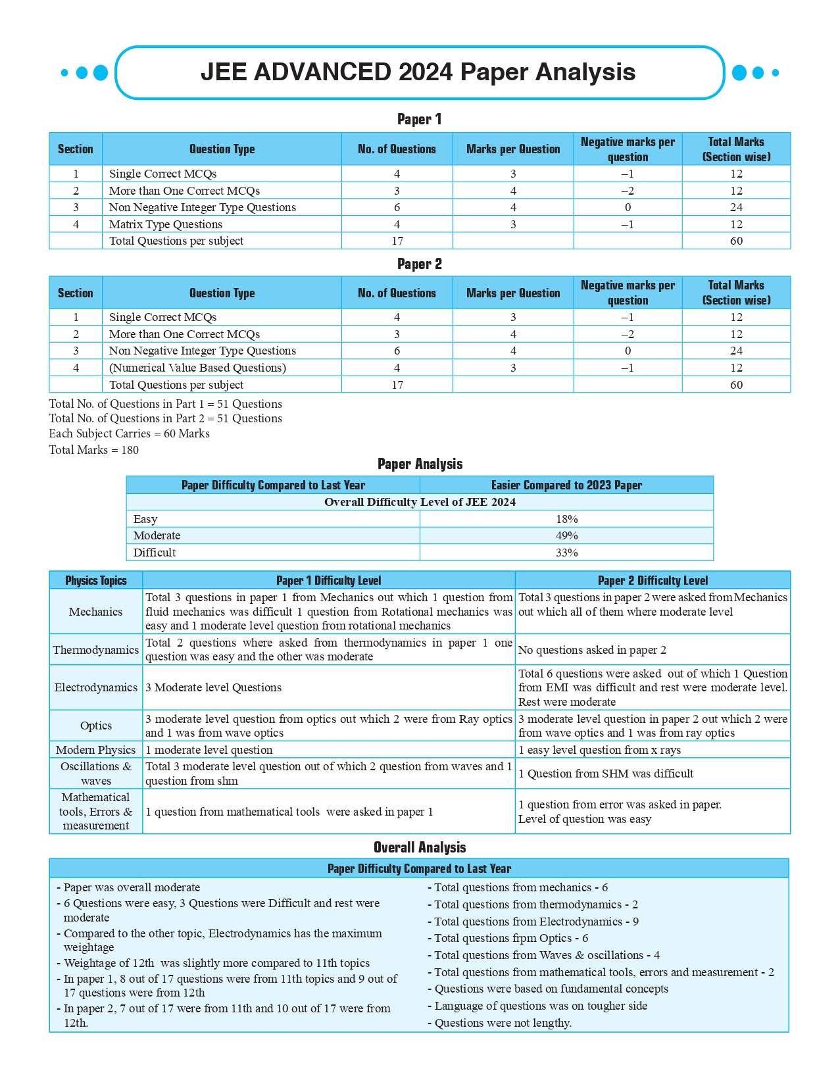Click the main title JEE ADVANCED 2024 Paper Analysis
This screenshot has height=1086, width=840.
418,72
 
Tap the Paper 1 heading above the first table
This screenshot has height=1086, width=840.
419,119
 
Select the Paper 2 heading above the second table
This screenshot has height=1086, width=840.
419,264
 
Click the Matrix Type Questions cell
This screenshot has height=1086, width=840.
166,224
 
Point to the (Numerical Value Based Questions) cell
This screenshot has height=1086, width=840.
197,368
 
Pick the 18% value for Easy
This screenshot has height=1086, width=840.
566,519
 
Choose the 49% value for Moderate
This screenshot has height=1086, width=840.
566,535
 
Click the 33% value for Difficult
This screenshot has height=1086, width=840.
566,553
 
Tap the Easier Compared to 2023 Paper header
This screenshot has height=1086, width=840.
566,485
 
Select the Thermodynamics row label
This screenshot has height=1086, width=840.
96,650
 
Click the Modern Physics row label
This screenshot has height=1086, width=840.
96,750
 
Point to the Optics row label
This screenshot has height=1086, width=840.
96,726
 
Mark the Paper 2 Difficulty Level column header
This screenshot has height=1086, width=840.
653,580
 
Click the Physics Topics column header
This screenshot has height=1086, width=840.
96,580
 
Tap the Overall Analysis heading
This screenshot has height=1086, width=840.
419,847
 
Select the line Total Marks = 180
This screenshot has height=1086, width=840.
94,450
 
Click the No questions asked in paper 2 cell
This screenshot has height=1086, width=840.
592,650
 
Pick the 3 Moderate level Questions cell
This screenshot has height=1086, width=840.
214,687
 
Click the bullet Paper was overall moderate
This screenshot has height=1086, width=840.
132,887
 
